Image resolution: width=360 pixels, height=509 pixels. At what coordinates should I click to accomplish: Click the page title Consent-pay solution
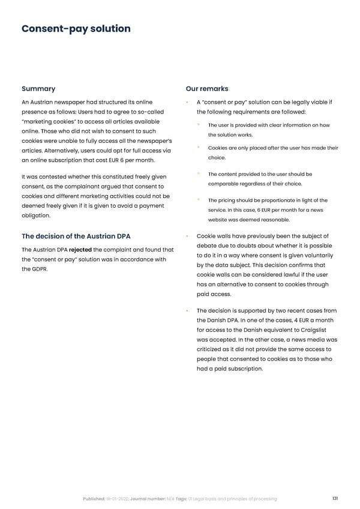tap(76, 29)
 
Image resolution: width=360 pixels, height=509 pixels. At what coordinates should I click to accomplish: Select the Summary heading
tap(38, 89)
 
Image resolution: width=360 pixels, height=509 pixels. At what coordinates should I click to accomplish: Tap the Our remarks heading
tap(207, 89)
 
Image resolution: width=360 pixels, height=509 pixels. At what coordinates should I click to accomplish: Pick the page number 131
tap(336, 499)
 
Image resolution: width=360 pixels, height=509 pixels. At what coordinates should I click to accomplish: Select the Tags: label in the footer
tap(182, 499)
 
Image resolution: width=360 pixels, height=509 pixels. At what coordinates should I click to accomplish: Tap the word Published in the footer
tap(95, 499)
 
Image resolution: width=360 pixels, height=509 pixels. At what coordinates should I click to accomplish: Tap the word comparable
tap(226, 183)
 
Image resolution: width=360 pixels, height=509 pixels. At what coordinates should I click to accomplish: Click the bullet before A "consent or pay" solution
tap(188, 102)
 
